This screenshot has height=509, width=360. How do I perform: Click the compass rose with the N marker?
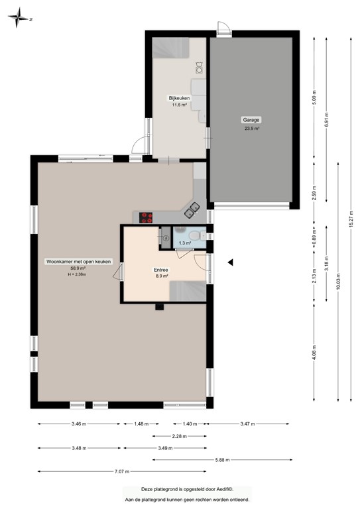point(19,19)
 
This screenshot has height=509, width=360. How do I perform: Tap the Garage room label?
point(251,120)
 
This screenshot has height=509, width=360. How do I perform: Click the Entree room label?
point(161,270)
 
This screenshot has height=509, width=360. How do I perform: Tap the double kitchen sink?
point(192,210)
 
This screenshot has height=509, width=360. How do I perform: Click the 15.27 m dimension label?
point(350,219)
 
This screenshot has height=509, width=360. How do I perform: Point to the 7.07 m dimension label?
point(121,471)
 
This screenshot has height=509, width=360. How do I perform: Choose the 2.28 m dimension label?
point(178,436)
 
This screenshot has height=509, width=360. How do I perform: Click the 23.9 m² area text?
point(251,129)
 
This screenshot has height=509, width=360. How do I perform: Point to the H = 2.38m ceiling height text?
point(78,274)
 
